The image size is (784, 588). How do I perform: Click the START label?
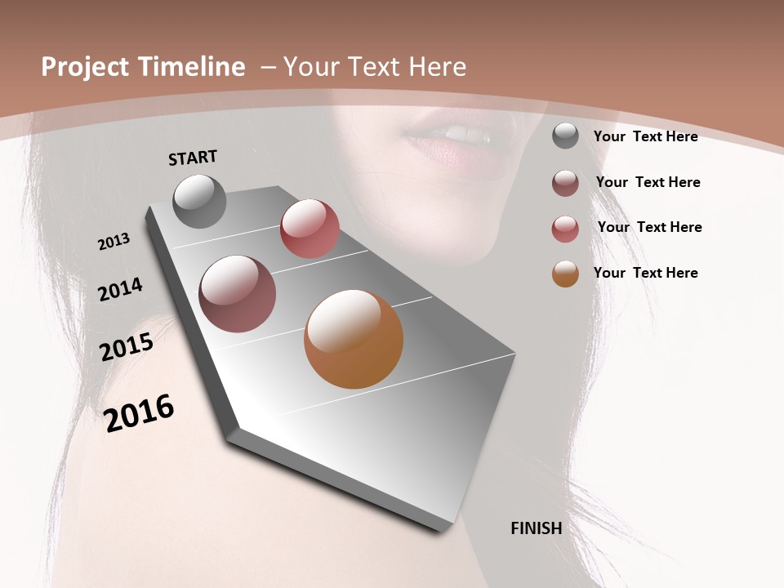point(193,158)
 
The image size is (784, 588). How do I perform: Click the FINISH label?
point(536,528)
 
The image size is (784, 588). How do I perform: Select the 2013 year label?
point(114,241)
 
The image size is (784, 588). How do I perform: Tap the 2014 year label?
point(121,289)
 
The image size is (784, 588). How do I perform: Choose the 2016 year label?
point(139,412)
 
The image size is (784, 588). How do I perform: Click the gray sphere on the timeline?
point(199,201)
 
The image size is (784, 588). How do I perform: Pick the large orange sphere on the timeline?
point(354,339)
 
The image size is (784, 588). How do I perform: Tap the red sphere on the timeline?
point(310,229)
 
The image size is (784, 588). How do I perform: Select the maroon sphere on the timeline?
point(238,294)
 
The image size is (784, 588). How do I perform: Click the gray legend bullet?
point(565,136)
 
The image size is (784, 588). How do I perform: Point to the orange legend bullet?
point(565,274)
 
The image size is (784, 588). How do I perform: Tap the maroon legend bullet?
point(565,183)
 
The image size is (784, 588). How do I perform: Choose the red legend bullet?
point(565,229)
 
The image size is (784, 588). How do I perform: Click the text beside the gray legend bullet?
point(645,136)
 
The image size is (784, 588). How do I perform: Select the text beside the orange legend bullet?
point(645,273)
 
